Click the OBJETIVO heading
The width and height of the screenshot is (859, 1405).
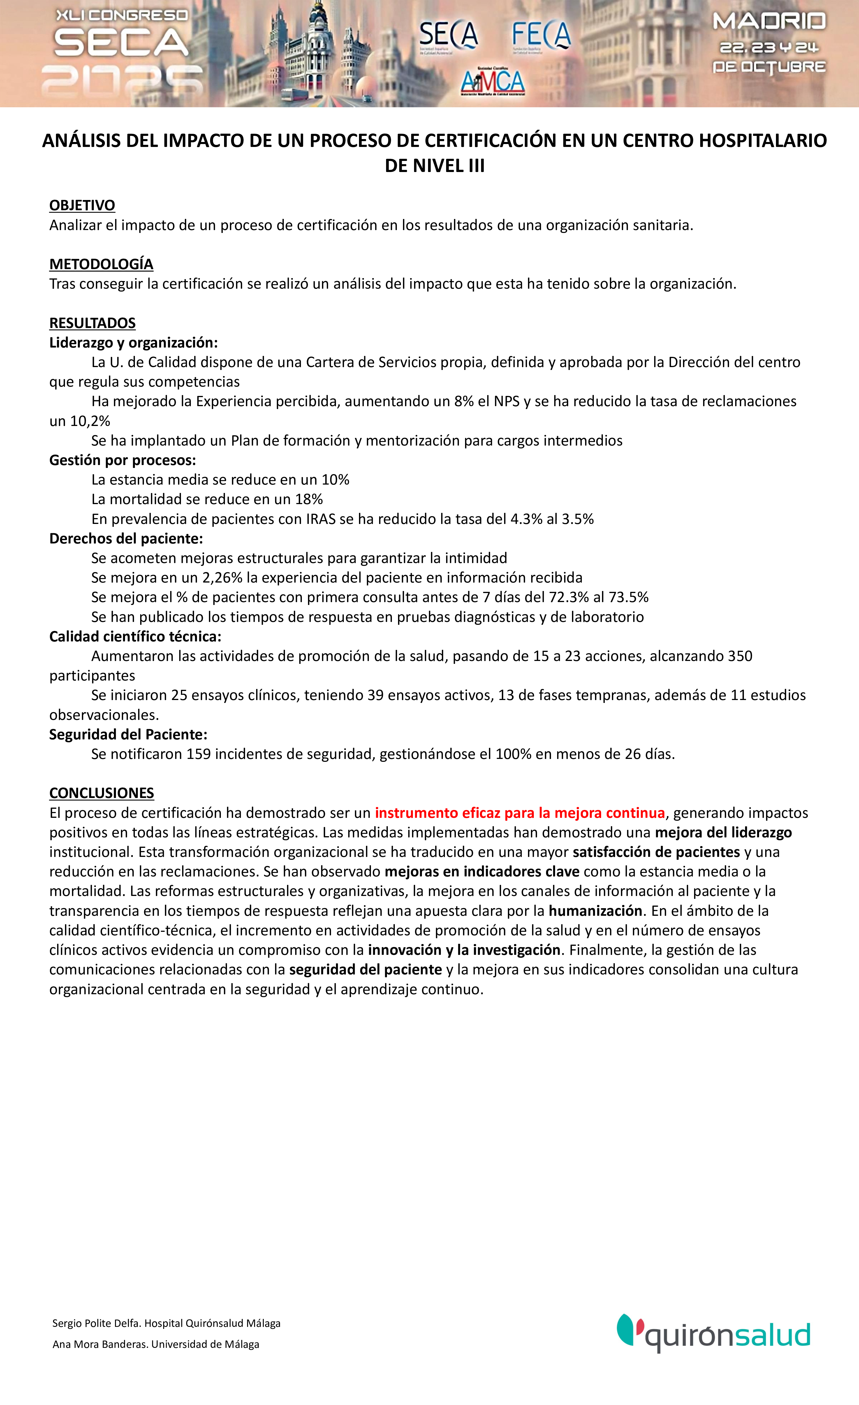[x=82, y=205]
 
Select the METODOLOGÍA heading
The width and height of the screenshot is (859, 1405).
[x=101, y=264]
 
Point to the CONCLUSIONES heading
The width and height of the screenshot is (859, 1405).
[x=101, y=793]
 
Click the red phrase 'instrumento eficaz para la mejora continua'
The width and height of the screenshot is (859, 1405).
[x=520, y=813]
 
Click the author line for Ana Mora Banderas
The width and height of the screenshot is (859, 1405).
[x=156, y=1344]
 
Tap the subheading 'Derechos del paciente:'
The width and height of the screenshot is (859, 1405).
[x=126, y=538]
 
